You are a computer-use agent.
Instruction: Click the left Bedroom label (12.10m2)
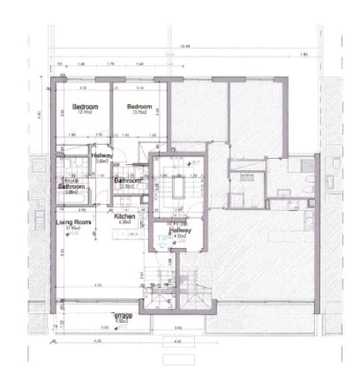coord(81,107)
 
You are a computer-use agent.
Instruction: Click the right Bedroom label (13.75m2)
coord(139,107)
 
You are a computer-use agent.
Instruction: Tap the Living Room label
coord(73,222)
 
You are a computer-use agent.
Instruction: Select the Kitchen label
coord(124,215)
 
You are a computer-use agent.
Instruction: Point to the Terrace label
coord(122,315)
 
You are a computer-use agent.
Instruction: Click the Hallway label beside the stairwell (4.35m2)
coord(180,231)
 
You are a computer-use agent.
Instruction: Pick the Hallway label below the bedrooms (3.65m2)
coord(100,155)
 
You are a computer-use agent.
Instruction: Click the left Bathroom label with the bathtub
coord(72,186)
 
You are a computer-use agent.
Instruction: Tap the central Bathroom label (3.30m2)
coord(128,181)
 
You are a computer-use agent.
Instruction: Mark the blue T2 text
coord(162,238)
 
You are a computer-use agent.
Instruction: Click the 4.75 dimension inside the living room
coord(98,286)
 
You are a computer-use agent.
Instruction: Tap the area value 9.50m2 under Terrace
coord(121,321)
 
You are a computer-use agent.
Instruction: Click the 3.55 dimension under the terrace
coord(104,327)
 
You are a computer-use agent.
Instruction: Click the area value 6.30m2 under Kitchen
coord(124,222)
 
